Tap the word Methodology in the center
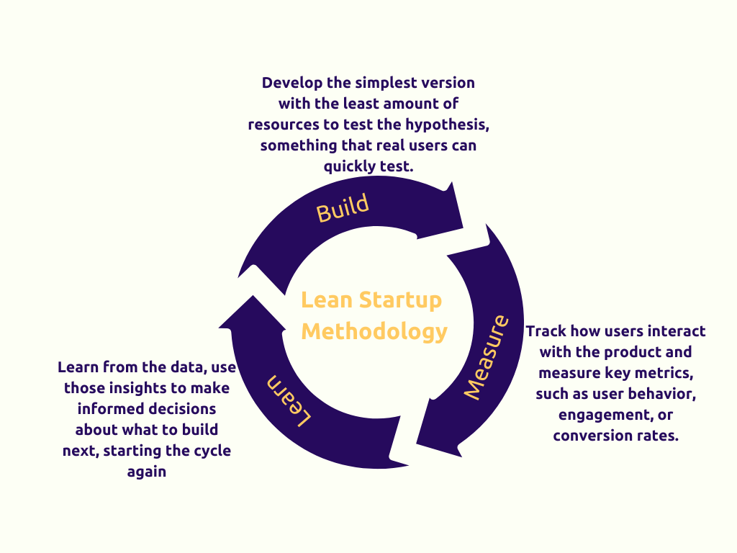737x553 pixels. click(374, 331)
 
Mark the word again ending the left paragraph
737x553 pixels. click(147, 472)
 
